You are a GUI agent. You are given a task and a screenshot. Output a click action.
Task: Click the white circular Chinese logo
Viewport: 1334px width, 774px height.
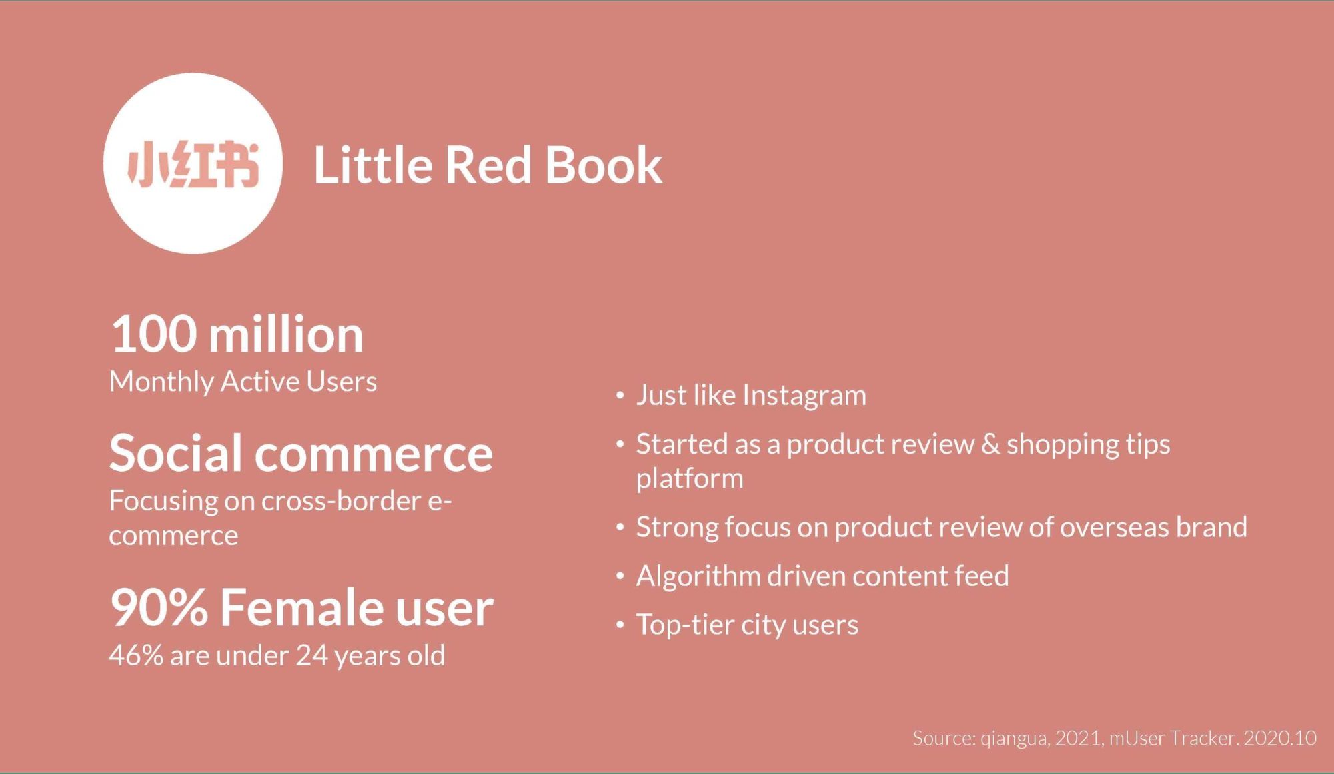(x=193, y=163)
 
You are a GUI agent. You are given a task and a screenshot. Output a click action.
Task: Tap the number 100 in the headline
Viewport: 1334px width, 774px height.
(x=153, y=334)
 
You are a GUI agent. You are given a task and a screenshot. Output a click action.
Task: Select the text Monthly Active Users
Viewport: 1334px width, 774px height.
(x=243, y=382)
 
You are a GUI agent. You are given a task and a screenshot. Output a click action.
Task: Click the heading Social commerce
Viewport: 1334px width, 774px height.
(x=301, y=453)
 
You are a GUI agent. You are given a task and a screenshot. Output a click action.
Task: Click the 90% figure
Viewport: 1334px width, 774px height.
(x=159, y=607)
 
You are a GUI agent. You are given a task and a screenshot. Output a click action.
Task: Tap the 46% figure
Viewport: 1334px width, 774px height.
(x=136, y=655)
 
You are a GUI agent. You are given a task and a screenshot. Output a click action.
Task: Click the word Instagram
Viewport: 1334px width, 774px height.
(x=804, y=396)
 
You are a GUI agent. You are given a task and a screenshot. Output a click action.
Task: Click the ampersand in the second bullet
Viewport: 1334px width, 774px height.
(x=990, y=444)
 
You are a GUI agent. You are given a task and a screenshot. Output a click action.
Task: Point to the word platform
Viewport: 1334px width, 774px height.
(x=690, y=479)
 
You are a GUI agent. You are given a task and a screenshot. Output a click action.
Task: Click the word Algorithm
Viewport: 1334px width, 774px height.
(x=698, y=576)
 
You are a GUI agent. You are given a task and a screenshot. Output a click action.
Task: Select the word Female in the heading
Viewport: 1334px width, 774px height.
(x=301, y=607)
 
